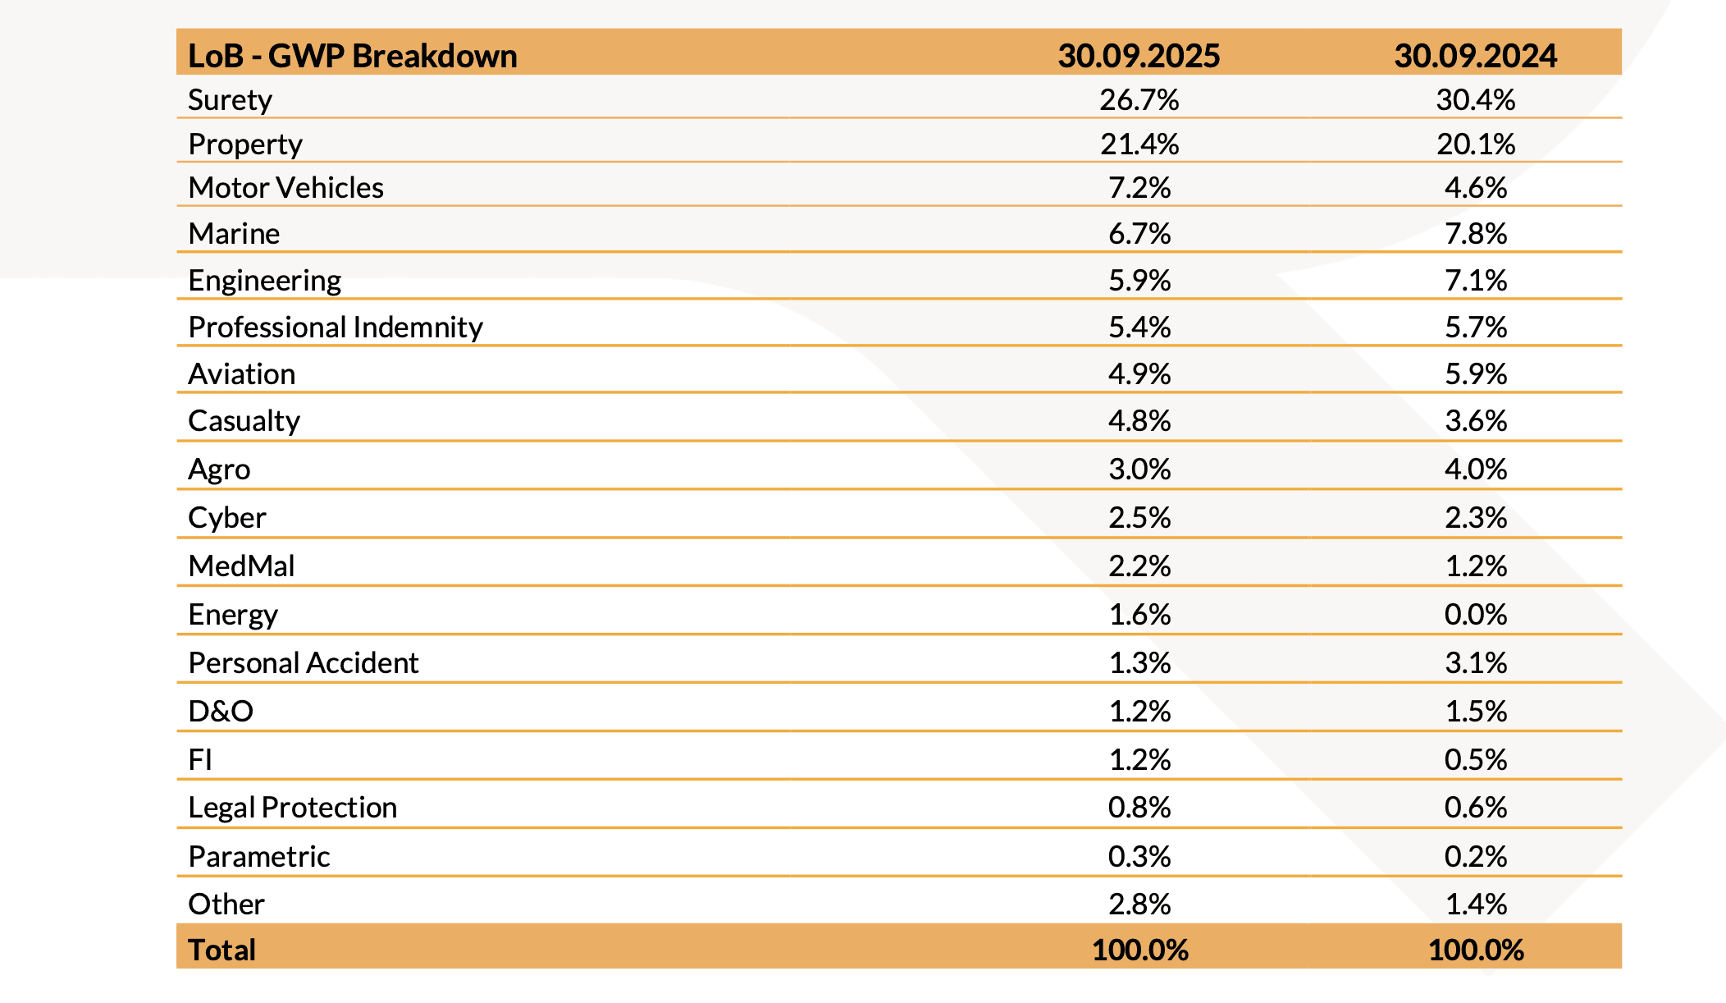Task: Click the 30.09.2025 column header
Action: (x=1139, y=56)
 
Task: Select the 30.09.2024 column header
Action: (x=1475, y=56)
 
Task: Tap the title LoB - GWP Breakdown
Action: (x=353, y=56)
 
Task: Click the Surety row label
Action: (x=230, y=100)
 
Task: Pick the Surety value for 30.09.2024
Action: (x=1475, y=100)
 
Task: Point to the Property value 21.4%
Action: (x=1139, y=144)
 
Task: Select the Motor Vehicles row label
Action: (x=285, y=188)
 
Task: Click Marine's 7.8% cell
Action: (x=1475, y=234)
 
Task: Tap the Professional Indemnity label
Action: (x=336, y=327)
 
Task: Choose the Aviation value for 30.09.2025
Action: (x=1139, y=374)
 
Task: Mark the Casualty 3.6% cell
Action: (x=1475, y=421)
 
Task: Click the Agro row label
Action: (x=219, y=469)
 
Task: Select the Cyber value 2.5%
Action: (x=1139, y=518)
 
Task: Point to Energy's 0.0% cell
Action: (x=1475, y=615)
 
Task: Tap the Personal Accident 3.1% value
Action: (x=1475, y=663)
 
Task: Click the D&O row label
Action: (x=221, y=712)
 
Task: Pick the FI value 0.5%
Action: (x=1475, y=760)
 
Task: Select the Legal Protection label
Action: (x=292, y=808)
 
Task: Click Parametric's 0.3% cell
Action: (x=1139, y=857)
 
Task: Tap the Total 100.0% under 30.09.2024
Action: (x=1475, y=950)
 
